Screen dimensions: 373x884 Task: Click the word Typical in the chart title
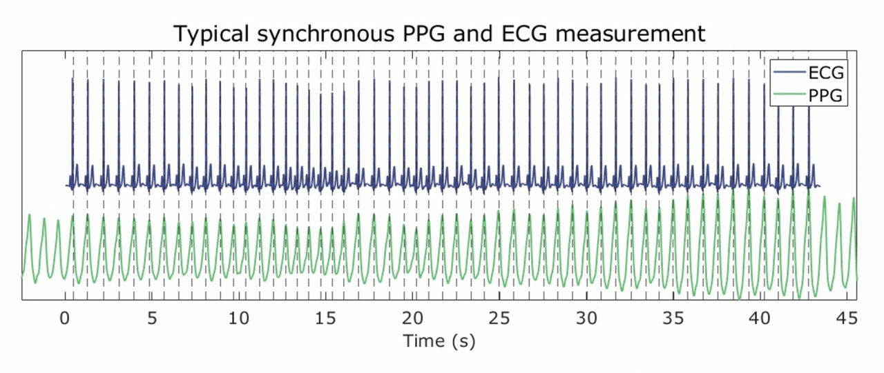(208, 33)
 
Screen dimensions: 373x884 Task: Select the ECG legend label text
(826, 72)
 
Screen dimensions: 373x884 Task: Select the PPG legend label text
(826, 95)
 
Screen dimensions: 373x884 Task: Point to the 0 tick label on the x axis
(65, 319)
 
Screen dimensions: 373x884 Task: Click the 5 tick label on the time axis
(152, 319)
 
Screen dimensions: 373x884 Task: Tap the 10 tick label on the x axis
(239, 319)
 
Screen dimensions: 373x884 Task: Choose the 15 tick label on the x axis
(326, 319)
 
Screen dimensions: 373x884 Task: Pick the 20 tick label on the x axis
(413, 319)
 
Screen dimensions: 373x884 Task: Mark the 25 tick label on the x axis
(500, 319)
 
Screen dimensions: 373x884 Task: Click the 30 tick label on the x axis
(587, 319)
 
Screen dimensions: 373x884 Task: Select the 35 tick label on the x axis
(674, 319)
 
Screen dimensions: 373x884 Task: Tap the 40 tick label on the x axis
(761, 319)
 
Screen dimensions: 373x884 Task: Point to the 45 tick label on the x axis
(847, 319)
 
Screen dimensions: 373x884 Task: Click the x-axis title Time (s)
(439, 341)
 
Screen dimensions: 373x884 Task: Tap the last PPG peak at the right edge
(854, 200)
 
